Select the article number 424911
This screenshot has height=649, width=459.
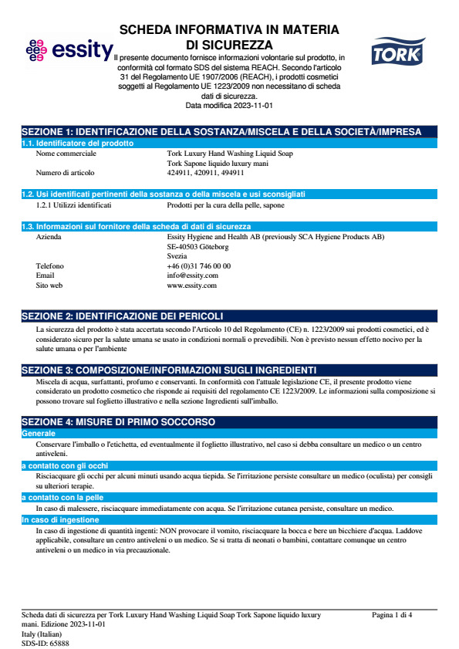[177, 173]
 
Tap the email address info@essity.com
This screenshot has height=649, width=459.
[192, 275]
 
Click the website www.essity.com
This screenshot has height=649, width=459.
[191, 286]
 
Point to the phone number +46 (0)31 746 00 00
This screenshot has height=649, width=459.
[198, 266]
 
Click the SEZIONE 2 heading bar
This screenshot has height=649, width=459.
[230, 316]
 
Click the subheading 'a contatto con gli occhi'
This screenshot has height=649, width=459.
[65, 466]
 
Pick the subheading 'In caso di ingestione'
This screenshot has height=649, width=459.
[60, 520]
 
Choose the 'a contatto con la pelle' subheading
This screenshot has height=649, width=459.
[63, 498]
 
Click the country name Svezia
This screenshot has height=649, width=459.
[177, 256]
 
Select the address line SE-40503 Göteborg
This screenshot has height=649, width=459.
[197, 247]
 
